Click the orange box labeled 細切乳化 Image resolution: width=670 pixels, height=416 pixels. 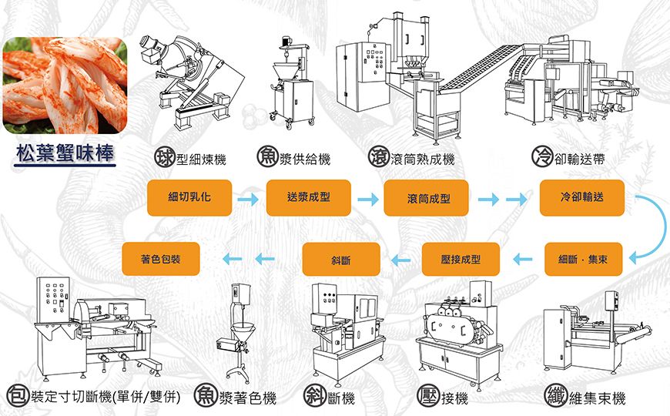[189, 198]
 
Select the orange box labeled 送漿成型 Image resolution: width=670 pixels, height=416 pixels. [308, 197]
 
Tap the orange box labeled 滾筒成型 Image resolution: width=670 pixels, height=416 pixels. [427, 199]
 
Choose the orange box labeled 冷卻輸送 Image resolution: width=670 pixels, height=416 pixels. [582, 197]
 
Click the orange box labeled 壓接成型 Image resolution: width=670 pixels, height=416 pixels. [461, 260]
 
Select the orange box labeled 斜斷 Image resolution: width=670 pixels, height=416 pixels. [341, 260]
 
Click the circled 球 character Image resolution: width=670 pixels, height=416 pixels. [163, 158]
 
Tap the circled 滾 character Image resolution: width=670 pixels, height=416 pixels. [378, 158]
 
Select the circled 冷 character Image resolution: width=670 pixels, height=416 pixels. [541, 158]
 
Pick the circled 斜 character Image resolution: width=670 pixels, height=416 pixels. [313, 397]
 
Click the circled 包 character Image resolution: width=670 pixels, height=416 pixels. [17, 397]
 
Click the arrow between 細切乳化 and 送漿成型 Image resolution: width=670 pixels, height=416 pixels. [248, 200]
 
